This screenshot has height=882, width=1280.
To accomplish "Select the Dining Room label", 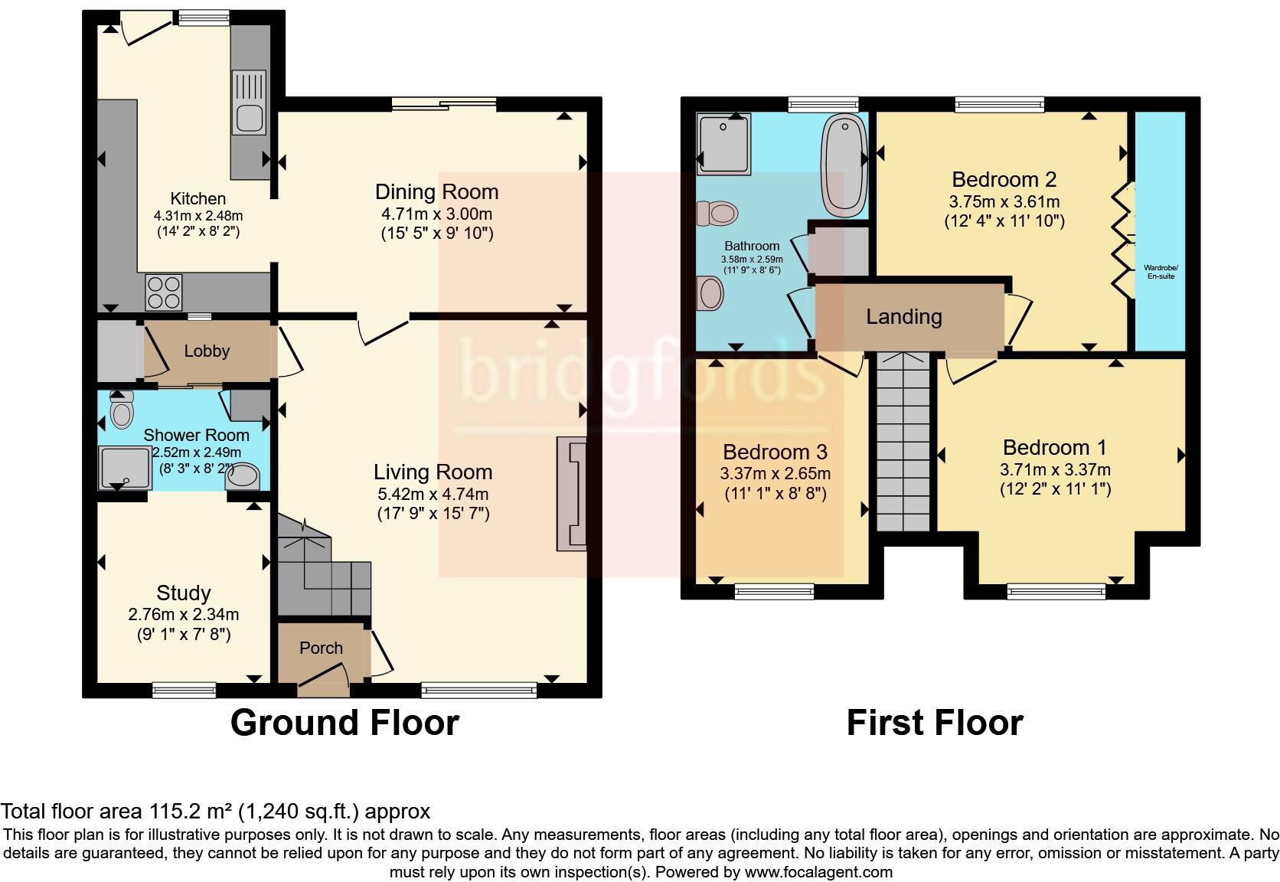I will click(x=436, y=191).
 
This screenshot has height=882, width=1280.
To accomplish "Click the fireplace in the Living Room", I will click(x=571, y=494).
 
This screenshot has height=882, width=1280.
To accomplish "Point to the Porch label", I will click(x=321, y=648).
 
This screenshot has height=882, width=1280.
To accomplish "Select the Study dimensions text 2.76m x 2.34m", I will click(x=184, y=614).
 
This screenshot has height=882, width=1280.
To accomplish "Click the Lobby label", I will click(x=207, y=351).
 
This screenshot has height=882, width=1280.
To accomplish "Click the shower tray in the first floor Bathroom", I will click(x=724, y=142).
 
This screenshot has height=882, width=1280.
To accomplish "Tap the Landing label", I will click(x=904, y=316).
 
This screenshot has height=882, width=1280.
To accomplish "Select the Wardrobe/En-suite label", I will click(x=1161, y=271).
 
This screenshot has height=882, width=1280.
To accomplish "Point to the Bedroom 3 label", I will click(x=775, y=452).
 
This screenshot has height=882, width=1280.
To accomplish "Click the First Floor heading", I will click(x=934, y=723).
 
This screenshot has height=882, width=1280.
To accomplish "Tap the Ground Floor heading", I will click(x=344, y=723).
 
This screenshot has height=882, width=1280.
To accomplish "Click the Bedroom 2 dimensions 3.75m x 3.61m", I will click(x=1004, y=202).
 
